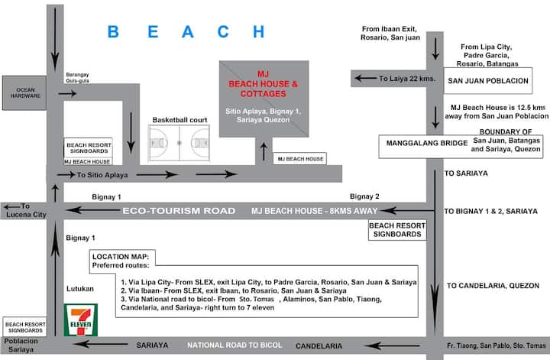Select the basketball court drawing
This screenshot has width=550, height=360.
180,142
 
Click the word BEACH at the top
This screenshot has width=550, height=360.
186,32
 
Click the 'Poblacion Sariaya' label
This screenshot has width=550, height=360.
19,349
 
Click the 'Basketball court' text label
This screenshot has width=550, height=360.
180,120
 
